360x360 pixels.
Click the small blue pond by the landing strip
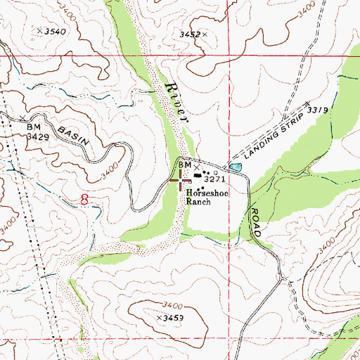[234, 167]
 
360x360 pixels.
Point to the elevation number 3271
[214, 180]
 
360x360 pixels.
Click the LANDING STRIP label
[271, 134]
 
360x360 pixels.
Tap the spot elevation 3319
[319, 110]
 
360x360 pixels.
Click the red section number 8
[85, 200]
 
